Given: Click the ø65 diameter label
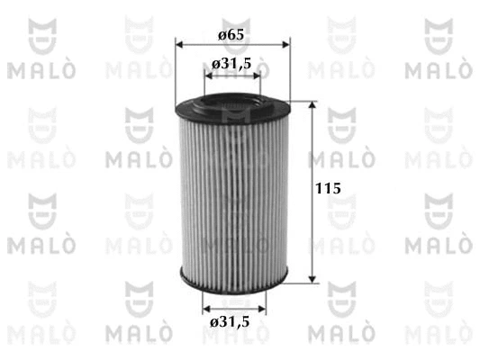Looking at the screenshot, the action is (231, 34).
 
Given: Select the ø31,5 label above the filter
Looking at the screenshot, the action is (231, 64).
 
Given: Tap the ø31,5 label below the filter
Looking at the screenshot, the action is (230, 322).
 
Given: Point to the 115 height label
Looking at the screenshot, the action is (328, 188).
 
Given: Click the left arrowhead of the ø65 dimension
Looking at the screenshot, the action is (179, 45).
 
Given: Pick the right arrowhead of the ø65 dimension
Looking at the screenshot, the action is (285, 45).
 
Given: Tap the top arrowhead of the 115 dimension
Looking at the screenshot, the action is (312, 105).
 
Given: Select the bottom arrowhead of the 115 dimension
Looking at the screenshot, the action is (312, 279).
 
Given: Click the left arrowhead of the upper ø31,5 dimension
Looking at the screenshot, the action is (208, 76).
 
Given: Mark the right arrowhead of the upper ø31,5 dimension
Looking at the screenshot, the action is (256, 76).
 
